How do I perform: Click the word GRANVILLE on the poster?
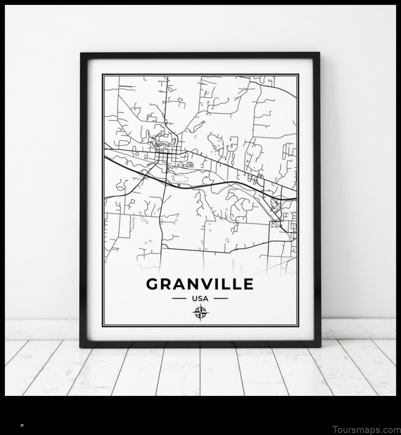199,284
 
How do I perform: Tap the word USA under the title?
199,299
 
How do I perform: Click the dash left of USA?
179,299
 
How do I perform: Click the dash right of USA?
220,299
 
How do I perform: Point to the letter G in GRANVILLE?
152,284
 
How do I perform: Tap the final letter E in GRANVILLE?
248,284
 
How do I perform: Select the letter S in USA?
199,299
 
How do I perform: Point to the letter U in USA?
193,299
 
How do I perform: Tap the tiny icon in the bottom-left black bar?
22,425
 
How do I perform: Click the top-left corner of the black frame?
82,54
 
